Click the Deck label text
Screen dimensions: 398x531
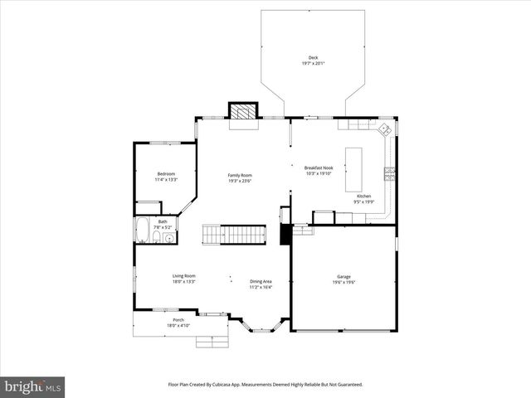(x=313, y=57)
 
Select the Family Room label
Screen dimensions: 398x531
(x=241, y=175)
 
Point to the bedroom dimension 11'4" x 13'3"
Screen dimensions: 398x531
(x=167, y=179)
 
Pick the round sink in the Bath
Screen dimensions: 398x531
(x=169, y=239)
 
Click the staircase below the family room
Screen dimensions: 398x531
(x=235, y=235)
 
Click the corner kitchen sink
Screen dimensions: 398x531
(x=384, y=130)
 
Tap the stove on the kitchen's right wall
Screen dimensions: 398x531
(x=389, y=172)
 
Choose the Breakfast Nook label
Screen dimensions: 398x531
(x=319, y=168)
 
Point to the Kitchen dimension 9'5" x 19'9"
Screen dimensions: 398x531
(x=364, y=201)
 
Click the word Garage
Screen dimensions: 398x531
(x=343, y=276)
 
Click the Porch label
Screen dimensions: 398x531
(x=178, y=320)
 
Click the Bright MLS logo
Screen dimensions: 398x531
(x=33, y=386)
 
